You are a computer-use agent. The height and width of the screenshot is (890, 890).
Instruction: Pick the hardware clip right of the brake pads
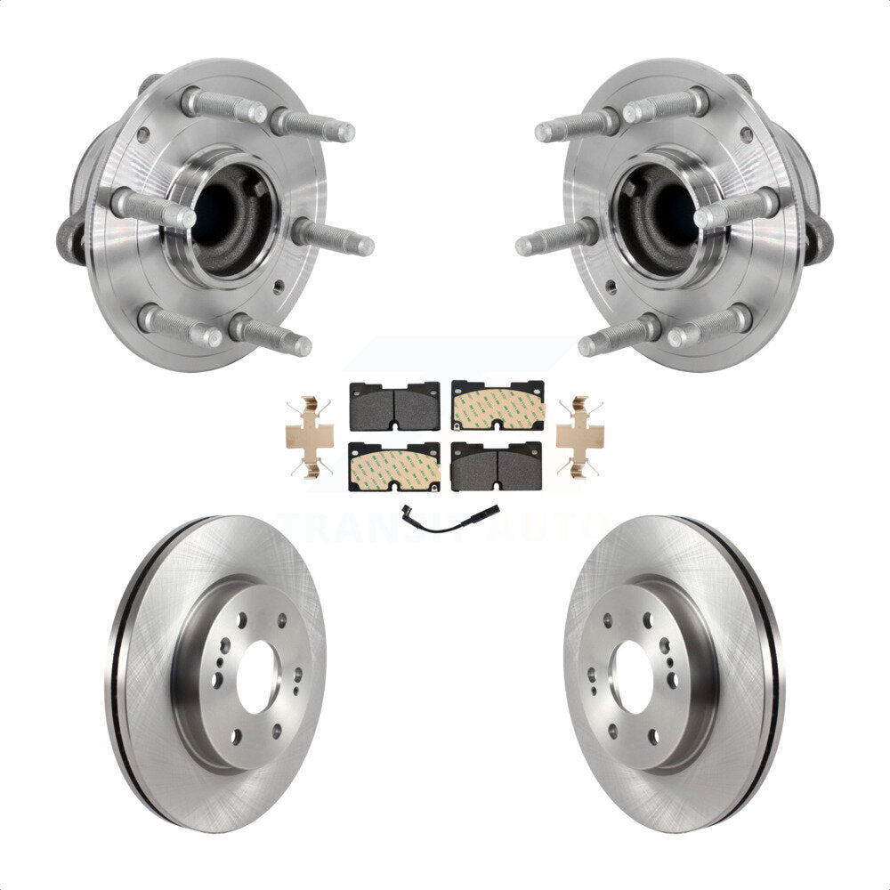(579, 436)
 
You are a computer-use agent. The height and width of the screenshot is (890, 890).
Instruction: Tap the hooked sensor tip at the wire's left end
(407, 523)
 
